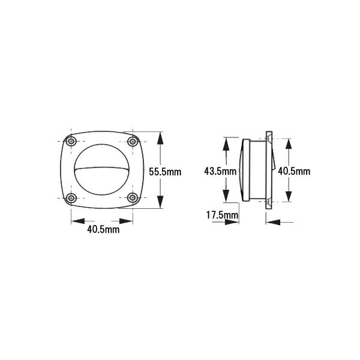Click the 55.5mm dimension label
[x=165, y=172]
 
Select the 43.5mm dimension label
[x=220, y=171]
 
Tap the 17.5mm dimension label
[x=222, y=215]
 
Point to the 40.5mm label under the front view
[x=103, y=229]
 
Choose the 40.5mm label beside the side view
[x=294, y=171]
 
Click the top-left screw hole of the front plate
[x=71, y=141]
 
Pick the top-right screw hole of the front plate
[x=133, y=141]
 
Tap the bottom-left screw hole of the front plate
[x=71, y=197]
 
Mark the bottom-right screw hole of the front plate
[x=133, y=197]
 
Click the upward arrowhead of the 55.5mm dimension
[x=160, y=138]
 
